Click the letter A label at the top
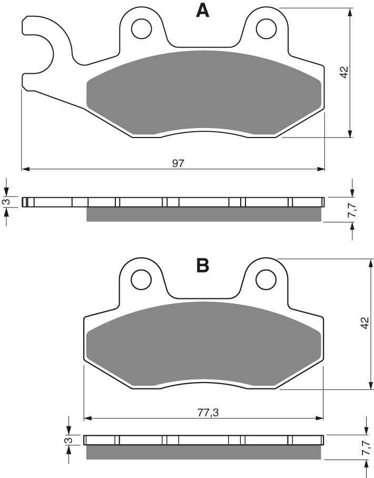tap(202, 11)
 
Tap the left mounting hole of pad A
tap(141, 28)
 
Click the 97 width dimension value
tap(178, 163)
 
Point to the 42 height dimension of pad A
tap(344, 73)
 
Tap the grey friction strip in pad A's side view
tap(203, 214)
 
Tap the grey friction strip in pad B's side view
tap(203, 452)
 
